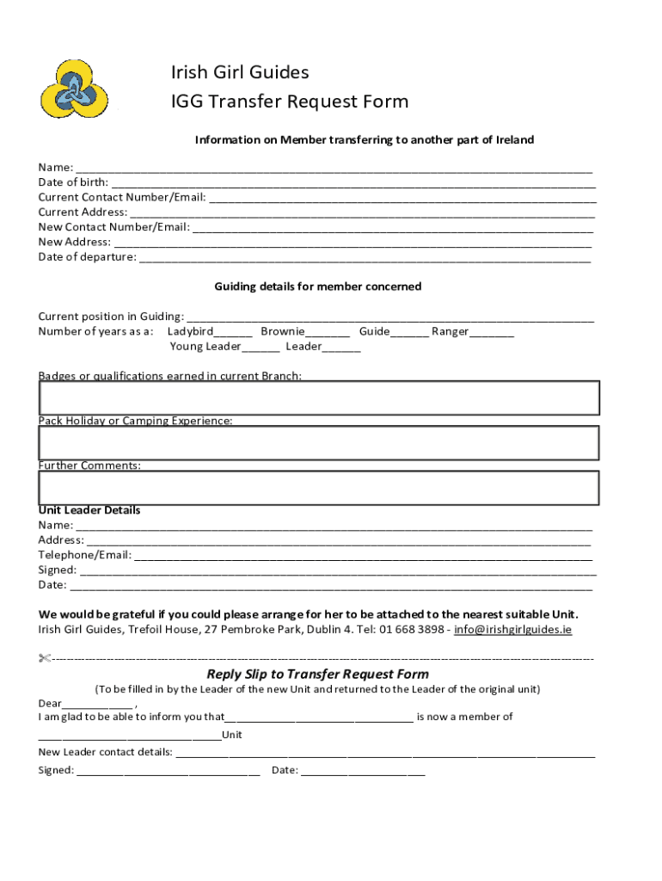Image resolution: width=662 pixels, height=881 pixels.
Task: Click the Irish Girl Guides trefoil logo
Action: (73, 89)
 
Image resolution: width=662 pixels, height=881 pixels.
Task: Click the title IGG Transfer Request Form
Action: (289, 102)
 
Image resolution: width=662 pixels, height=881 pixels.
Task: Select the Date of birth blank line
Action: (352, 183)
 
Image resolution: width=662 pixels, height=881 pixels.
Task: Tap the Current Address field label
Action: (82, 213)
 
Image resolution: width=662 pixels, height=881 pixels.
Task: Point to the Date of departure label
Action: (87, 257)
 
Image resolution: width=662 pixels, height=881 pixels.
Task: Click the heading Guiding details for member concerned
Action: (317, 286)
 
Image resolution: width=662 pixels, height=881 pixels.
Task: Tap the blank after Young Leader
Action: (261, 348)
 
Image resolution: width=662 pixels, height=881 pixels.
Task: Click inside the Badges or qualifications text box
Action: (318, 397)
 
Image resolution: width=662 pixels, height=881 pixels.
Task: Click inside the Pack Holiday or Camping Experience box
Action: (318, 443)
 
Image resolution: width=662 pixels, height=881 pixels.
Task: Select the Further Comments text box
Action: (318, 488)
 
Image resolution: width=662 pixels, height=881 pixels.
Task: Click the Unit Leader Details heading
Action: (89, 510)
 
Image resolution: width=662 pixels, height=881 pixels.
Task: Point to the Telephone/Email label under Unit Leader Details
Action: (84, 555)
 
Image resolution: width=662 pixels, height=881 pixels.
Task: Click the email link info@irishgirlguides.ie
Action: (512, 630)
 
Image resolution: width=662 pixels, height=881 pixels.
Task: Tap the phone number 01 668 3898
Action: (410, 630)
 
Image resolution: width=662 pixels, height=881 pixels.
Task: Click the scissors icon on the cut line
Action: (45, 659)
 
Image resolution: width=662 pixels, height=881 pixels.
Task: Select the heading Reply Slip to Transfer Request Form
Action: (317, 675)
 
